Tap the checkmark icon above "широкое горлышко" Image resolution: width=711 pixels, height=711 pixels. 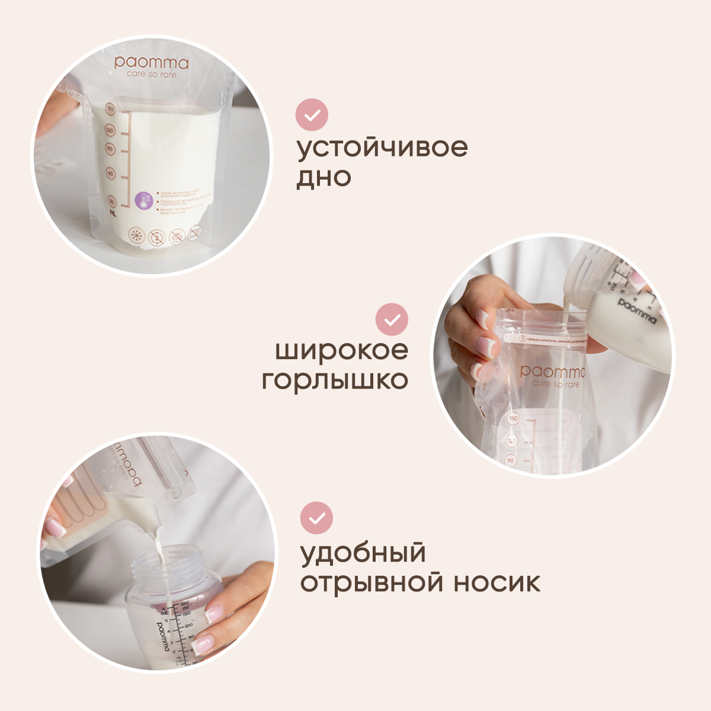coord(392,320)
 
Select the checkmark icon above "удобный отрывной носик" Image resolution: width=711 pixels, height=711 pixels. coord(317,518)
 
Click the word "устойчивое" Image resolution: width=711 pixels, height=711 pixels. coord(382,148)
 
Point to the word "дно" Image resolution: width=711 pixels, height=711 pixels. coord(324,177)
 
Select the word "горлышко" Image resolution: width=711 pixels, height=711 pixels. coord(335,380)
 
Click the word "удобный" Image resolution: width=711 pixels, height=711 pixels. coord(363,553)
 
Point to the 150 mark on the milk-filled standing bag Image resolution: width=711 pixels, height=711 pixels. coord(110,109)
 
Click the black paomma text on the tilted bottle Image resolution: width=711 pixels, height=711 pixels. coord(638,310)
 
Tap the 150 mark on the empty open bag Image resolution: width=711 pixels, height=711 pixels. coord(513,418)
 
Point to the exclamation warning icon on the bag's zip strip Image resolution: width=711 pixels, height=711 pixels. coord(522,339)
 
